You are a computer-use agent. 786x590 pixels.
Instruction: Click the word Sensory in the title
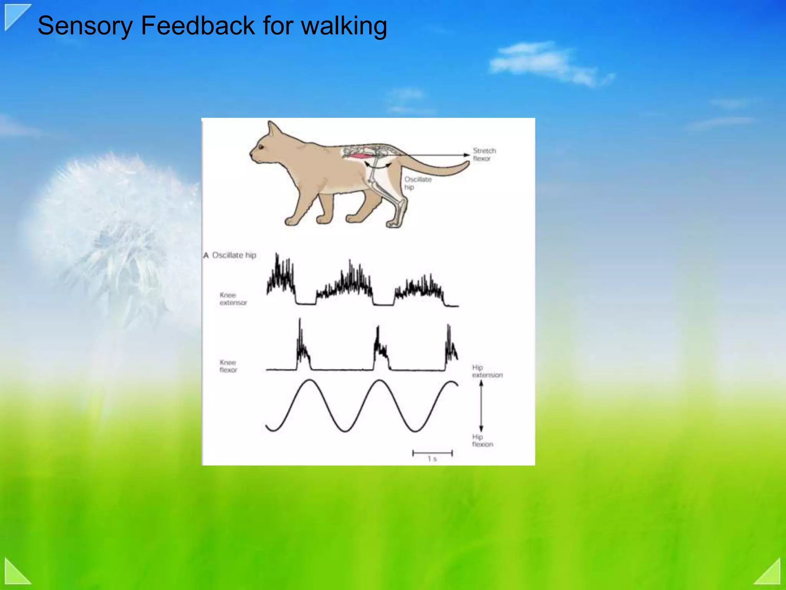click(85, 26)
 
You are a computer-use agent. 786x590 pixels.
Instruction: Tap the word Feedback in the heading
click(198, 26)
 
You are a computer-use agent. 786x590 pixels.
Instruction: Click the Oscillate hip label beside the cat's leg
click(417, 183)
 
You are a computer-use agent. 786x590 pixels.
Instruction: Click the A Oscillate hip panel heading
click(230, 255)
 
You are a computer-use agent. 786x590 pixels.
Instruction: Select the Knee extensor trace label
click(233, 299)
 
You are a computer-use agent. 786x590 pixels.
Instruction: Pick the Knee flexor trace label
click(228, 366)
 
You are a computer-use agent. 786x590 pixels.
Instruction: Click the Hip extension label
click(487, 371)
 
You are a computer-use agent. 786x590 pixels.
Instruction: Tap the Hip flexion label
click(482, 440)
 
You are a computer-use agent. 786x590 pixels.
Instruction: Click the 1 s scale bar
click(432, 454)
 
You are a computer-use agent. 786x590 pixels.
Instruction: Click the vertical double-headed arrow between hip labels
click(481, 406)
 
